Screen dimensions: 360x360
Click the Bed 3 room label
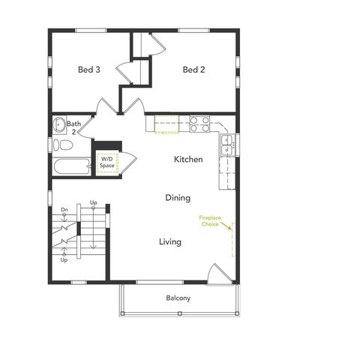(x=89, y=70)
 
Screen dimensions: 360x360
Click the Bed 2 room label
(x=193, y=70)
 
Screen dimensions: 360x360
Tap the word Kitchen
(x=188, y=159)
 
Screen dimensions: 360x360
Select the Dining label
(x=178, y=198)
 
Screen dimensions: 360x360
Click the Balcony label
(x=178, y=298)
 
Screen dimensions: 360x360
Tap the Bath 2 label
(x=73, y=127)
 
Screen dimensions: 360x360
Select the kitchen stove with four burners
(x=199, y=124)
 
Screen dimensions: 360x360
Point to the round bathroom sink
(x=58, y=124)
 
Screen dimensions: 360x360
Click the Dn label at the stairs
(x=64, y=209)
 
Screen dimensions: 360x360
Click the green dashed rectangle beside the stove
(x=167, y=124)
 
